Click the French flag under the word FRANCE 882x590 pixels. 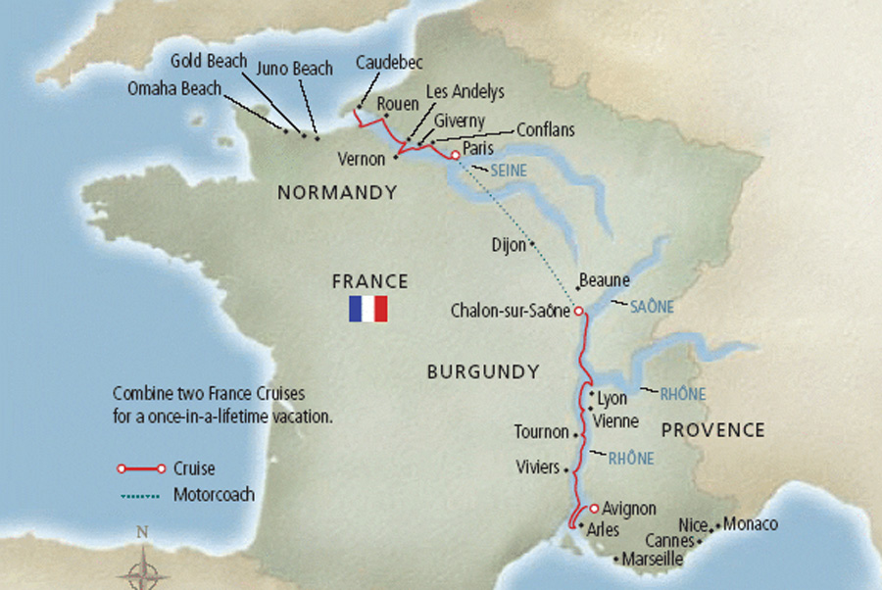pyautogui.click(x=368, y=310)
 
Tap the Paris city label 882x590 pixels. pyautogui.click(x=479, y=148)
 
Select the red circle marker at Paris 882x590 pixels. pyautogui.click(x=455, y=155)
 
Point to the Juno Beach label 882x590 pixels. pyautogui.click(x=294, y=69)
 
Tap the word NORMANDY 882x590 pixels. pyautogui.click(x=337, y=193)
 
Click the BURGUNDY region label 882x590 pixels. pyautogui.click(x=483, y=372)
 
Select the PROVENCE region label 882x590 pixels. pyautogui.click(x=712, y=429)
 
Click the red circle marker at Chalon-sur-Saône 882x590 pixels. pyautogui.click(x=578, y=311)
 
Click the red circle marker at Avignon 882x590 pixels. pyautogui.click(x=594, y=508)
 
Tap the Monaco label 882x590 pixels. pyautogui.click(x=752, y=524)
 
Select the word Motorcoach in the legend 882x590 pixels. pyautogui.click(x=213, y=495)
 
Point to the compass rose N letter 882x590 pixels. pyautogui.click(x=142, y=533)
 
